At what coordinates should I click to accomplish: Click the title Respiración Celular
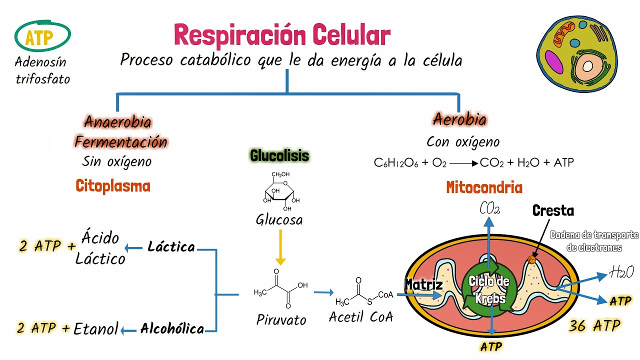point(281,35)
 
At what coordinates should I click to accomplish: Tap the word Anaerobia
point(118,121)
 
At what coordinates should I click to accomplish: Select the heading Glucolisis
point(279,156)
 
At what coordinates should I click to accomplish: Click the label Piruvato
point(281,319)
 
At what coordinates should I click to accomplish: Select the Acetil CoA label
point(360,317)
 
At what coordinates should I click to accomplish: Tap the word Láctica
point(171,247)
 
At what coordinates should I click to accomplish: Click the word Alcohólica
point(172,328)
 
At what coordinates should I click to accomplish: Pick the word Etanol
point(96,328)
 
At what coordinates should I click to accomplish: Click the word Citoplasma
point(113,186)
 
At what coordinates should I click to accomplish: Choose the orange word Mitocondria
point(484,188)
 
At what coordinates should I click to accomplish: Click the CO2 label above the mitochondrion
point(489,208)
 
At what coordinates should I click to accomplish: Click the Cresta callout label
point(553,210)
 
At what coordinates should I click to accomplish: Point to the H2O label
point(621,272)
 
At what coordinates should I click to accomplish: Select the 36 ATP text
point(594,326)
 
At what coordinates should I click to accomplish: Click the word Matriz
point(423,284)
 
